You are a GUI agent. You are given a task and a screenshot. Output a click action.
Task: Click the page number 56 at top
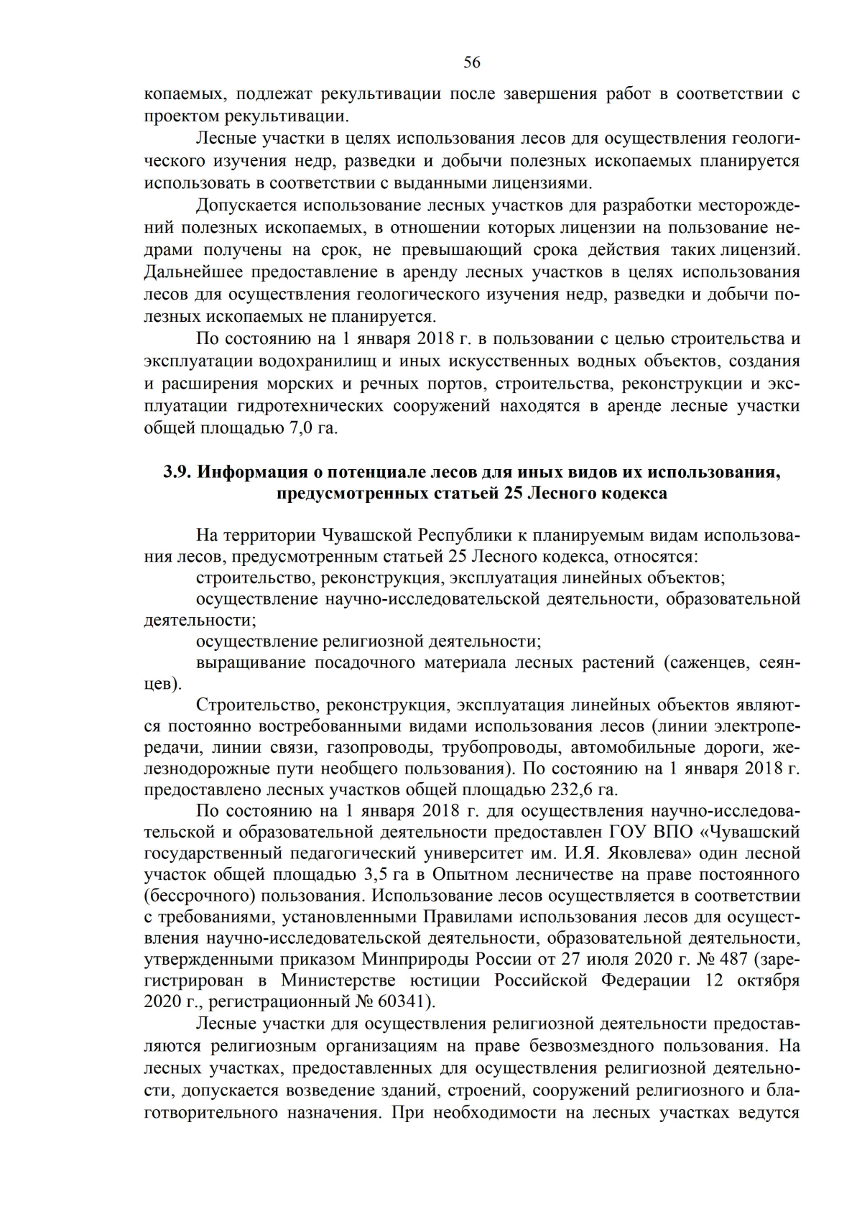[472, 62]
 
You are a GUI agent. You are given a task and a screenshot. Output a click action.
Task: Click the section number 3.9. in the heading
[176, 472]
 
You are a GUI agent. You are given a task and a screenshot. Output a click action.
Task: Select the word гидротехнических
[312, 406]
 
